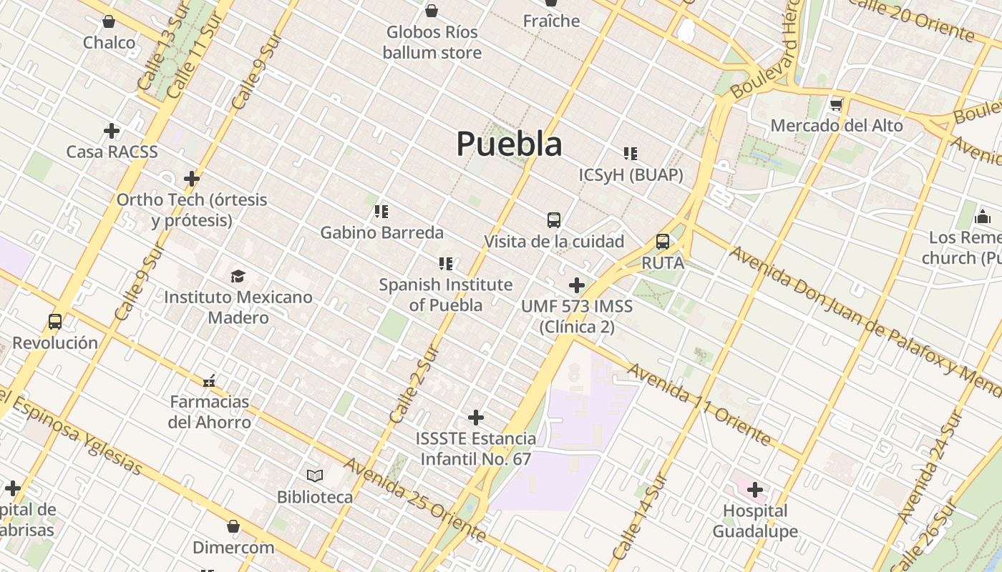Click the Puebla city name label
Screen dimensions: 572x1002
509,144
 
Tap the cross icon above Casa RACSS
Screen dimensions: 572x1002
112,131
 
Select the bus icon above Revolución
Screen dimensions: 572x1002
55,322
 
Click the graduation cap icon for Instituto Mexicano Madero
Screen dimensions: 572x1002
238,276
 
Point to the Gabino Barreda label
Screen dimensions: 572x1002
381,232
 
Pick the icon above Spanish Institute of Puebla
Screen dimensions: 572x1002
446,264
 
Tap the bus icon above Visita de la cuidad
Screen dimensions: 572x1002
553,220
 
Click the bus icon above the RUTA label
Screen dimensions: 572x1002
663,242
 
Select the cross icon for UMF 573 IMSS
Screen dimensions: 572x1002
576,285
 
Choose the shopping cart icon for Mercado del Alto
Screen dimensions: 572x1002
836,105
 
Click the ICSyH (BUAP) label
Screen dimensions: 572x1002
631,174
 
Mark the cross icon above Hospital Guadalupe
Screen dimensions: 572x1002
755,490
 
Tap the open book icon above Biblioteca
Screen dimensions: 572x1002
315,475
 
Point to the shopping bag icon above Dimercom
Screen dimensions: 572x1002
233,527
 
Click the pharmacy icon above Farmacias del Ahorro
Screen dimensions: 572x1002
209,380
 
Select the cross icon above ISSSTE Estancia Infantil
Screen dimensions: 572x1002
476,418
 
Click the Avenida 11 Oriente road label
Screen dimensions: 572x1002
699,404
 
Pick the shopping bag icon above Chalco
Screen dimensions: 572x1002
109,22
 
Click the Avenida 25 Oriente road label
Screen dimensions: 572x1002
415,498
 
